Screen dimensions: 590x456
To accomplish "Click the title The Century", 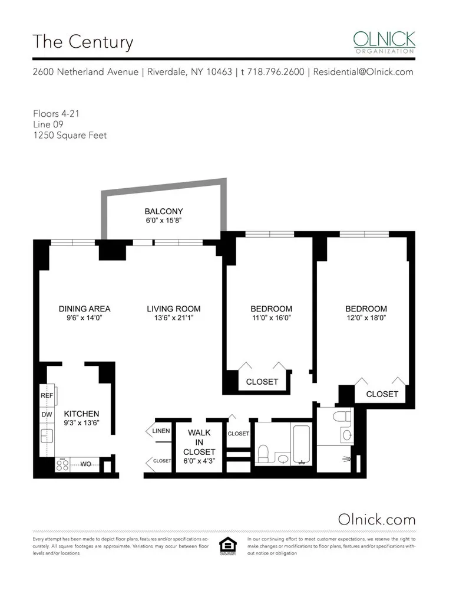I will [82, 42].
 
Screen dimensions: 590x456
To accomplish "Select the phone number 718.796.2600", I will [277, 72].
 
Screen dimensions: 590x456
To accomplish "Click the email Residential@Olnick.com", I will [363, 72].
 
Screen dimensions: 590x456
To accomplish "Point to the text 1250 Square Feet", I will [70, 135].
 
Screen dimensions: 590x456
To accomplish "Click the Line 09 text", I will [48, 124].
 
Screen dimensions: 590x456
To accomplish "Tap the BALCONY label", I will [164, 211].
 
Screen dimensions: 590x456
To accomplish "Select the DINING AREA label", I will [84, 309].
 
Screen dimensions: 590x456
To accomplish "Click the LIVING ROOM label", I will [173, 309].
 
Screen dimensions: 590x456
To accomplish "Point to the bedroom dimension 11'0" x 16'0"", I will [271, 318].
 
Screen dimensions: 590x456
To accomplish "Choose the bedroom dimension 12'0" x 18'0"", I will [366, 318].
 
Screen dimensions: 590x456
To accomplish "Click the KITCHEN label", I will [81, 414].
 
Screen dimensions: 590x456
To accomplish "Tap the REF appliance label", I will [47, 395].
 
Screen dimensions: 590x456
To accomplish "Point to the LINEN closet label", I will [161, 431].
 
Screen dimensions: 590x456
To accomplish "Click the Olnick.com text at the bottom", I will [376, 519].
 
